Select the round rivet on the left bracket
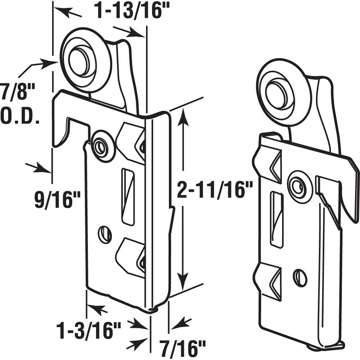pos(100,145)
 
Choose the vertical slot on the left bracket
pos(128,196)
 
